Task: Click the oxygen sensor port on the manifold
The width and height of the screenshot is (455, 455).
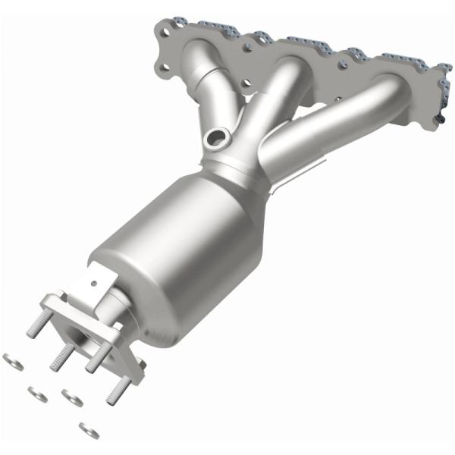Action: (x=217, y=139)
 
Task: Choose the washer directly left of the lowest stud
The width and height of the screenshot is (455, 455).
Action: (x=73, y=397)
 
